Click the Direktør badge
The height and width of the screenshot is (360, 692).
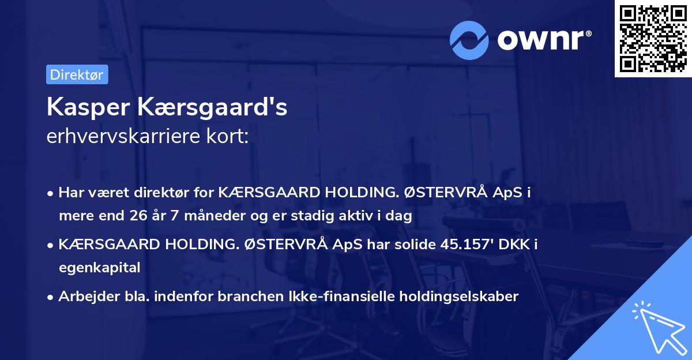(77, 74)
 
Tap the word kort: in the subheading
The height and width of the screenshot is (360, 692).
(231, 138)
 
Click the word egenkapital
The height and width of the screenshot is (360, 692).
(99, 268)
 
